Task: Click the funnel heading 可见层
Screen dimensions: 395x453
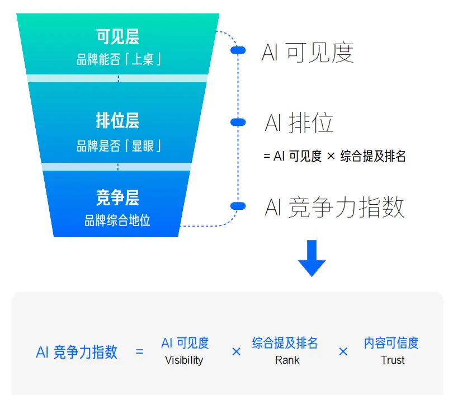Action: click(x=117, y=37)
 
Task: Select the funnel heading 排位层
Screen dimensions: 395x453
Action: click(x=117, y=121)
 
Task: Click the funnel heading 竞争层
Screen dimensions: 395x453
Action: click(x=117, y=198)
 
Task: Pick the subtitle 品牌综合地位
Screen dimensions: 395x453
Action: click(x=117, y=220)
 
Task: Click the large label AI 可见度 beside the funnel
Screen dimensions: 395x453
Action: click(x=308, y=53)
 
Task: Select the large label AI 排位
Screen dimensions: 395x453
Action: click(x=299, y=123)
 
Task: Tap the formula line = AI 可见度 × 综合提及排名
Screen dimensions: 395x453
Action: click(x=334, y=157)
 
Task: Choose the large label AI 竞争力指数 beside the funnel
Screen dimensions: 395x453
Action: click(x=334, y=208)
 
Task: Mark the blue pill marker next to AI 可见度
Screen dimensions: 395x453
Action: click(x=238, y=51)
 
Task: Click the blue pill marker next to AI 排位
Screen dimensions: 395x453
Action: click(x=238, y=122)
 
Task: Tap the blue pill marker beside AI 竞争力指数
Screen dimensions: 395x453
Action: click(x=238, y=206)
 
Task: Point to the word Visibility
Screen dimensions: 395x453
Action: click(x=184, y=360)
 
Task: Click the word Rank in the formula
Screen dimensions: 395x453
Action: click(x=287, y=360)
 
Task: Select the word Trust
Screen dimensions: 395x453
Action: click(x=393, y=360)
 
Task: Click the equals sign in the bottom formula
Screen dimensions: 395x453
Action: click(x=139, y=352)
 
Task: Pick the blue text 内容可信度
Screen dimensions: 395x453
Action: click(x=391, y=343)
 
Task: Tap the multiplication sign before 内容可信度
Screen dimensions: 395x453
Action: click(x=343, y=351)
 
